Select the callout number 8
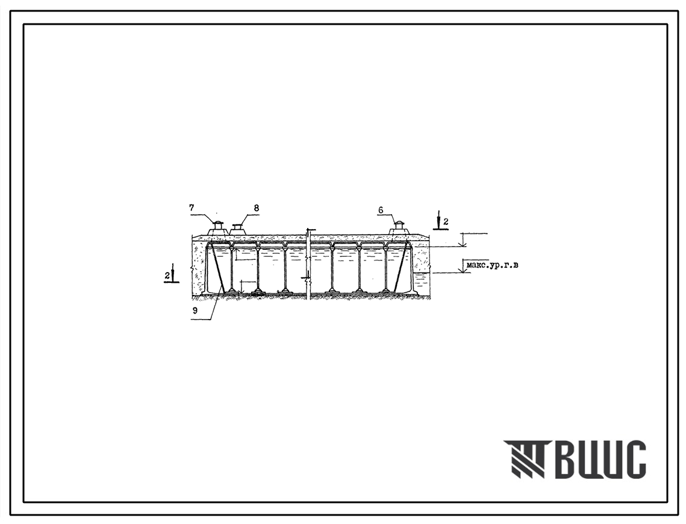coord(257,208)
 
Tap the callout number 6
coord(381,210)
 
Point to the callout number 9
coord(195,310)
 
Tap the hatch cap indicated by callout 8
coord(237,229)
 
